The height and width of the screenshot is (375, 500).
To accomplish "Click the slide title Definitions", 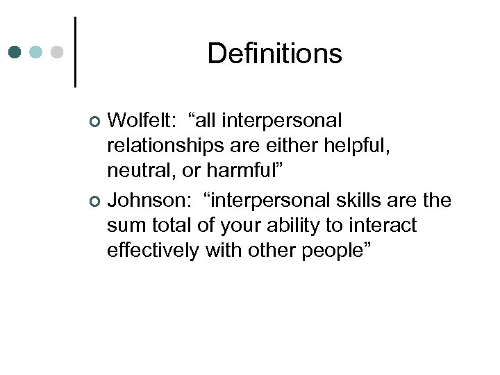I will [x=274, y=53].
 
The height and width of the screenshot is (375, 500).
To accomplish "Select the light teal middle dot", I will [x=37, y=53].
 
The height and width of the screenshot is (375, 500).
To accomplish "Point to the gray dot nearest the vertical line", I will [x=58, y=53].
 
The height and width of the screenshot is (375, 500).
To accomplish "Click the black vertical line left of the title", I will [x=74, y=52].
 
